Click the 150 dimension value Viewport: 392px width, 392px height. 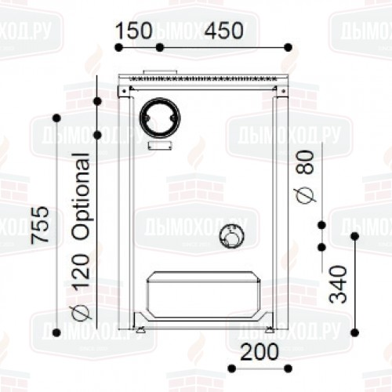click(x=133, y=31)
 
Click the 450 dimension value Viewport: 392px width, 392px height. click(x=224, y=31)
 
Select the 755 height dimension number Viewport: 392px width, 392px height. click(x=40, y=225)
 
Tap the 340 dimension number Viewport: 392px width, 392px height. click(x=339, y=285)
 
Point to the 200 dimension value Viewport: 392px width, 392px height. click(x=260, y=352)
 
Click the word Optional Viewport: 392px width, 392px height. click(x=82, y=196)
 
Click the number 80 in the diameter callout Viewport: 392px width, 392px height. click(x=305, y=162)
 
